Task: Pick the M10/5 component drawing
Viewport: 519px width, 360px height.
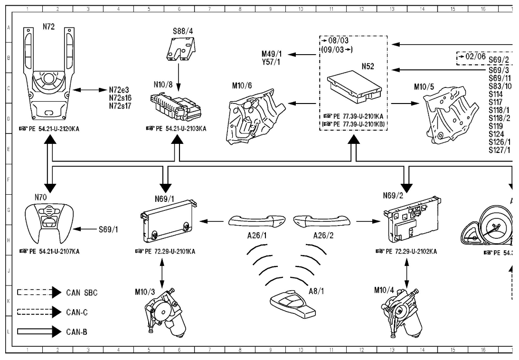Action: pyautogui.click(x=450, y=115)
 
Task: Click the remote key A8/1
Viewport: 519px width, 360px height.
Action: pyautogui.click(x=291, y=302)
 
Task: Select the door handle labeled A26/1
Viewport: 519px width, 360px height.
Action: pyautogui.click(x=257, y=221)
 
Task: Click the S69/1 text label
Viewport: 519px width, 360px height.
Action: pyautogui.click(x=108, y=229)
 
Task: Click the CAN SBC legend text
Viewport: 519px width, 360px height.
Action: pyautogui.click(x=81, y=293)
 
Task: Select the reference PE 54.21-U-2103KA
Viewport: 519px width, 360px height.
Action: pyautogui.click(x=179, y=129)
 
